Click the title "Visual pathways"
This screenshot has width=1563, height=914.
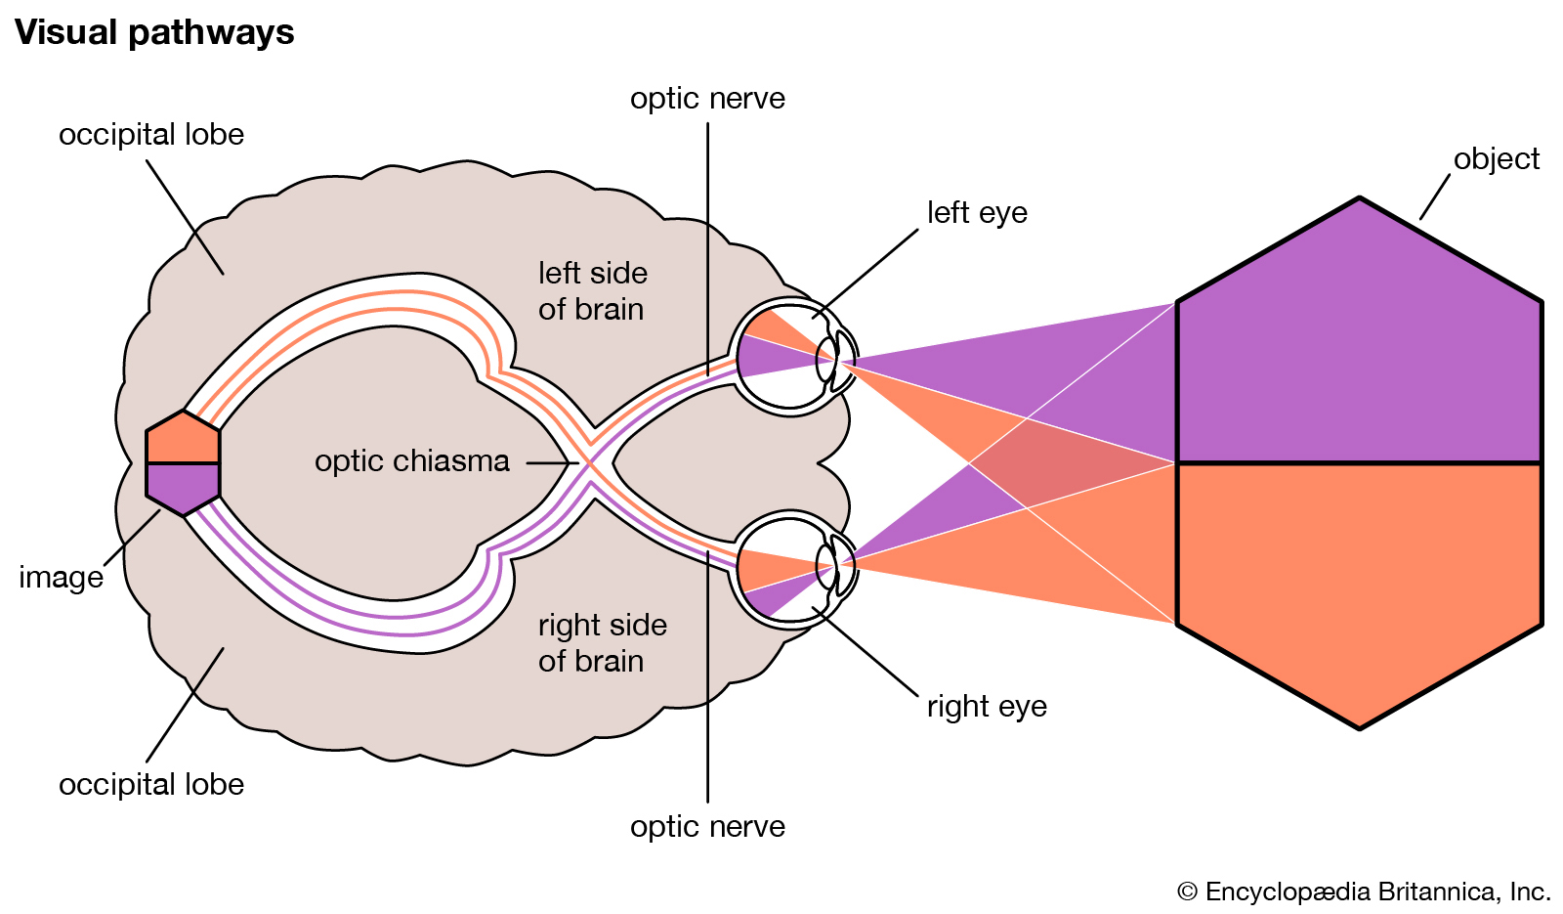click(154, 33)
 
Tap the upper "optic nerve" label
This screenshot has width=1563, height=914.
click(707, 99)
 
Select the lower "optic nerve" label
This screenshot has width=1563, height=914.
click(707, 827)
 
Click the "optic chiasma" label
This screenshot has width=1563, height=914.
click(411, 461)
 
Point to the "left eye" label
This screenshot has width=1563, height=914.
click(977, 213)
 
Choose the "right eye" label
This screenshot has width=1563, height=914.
click(987, 707)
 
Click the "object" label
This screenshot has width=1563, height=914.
click(1496, 159)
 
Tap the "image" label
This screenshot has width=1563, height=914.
click(61, 578)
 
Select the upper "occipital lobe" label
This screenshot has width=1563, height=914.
click(151, 135)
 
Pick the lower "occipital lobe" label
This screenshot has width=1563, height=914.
click(151, 785)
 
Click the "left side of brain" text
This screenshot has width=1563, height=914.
click(592, 291)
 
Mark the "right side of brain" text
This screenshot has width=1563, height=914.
click(602, 643)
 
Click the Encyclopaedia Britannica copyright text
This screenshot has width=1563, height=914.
click(1364, 892)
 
